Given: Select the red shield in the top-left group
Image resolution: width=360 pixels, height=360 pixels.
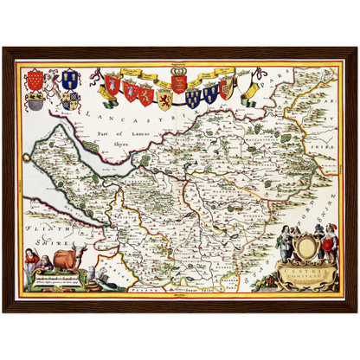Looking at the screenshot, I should [x=35, y=79].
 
